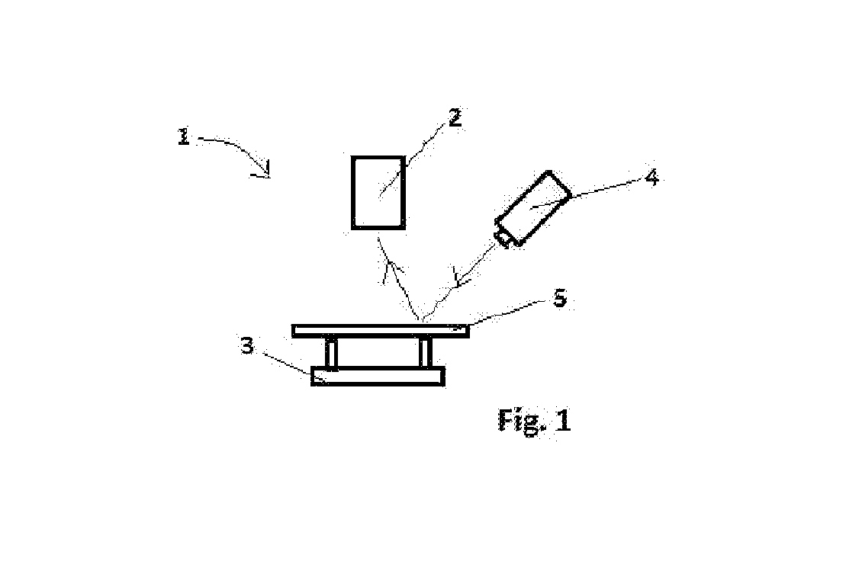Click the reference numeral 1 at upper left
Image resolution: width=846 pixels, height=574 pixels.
[184, 136]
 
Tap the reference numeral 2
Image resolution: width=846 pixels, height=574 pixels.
[455, 117]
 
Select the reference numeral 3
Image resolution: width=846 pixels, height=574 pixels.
[247, 345]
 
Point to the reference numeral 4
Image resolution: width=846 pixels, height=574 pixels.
[651, 177]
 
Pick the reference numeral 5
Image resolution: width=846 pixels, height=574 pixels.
[560, 297]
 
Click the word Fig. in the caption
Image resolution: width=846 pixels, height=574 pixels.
[519, 420]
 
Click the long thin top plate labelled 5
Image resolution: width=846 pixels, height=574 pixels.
[381, 331]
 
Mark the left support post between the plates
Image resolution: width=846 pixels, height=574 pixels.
[331, 353]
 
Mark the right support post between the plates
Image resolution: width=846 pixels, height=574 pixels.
[426, 353]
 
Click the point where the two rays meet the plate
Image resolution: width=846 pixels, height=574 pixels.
[423, 322]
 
